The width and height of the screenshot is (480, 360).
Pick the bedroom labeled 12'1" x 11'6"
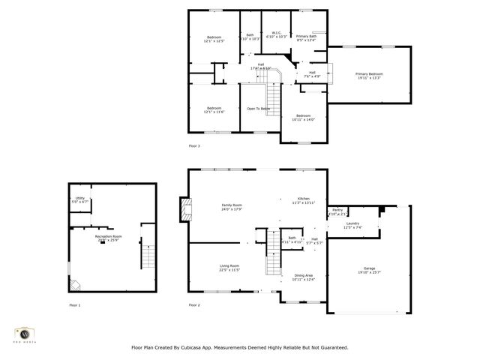coord(214,109)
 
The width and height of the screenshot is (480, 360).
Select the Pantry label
coord(337,211)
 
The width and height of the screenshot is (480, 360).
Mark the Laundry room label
coord(352,224)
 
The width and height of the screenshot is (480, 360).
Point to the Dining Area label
coord(304,277)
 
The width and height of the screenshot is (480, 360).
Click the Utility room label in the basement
coord(79,200)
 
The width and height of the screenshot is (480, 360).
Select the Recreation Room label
coord(108,238)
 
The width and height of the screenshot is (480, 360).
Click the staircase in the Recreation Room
coord(148,259)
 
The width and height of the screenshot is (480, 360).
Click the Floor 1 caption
coord(74,305)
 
